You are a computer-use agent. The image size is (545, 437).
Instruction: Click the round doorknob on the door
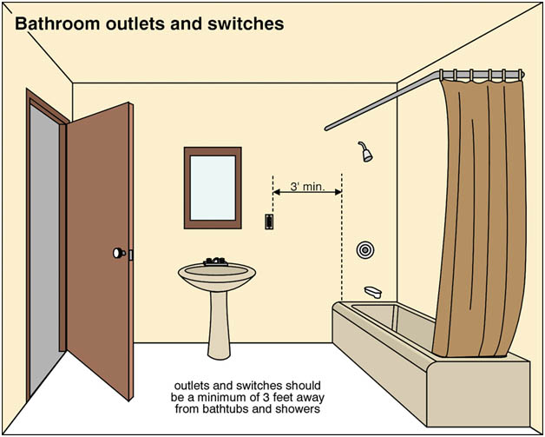119,253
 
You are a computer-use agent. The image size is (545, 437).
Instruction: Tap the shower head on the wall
365,152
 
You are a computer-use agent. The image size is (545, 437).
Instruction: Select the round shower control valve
364,250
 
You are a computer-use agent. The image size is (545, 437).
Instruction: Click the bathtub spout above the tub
373,292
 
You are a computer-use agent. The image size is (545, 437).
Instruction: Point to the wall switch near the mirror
269,222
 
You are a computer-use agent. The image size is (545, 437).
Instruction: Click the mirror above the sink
213,188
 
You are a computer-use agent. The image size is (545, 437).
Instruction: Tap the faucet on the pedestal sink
215,262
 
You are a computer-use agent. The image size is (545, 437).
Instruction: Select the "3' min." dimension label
307,187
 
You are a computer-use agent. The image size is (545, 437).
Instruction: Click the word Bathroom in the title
57,23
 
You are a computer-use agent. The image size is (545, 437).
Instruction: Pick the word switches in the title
246,23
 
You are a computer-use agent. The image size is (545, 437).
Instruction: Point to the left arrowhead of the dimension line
277,192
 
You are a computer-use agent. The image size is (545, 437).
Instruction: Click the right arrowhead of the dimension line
338,192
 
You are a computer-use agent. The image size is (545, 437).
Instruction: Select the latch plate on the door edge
131,255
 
